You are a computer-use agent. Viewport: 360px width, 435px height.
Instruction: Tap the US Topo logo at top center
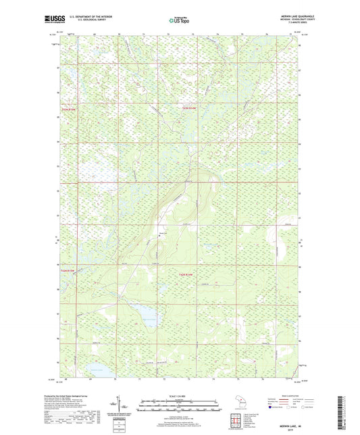coord(179,21)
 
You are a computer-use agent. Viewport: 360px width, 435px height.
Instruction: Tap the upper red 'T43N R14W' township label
coord(192,108)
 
